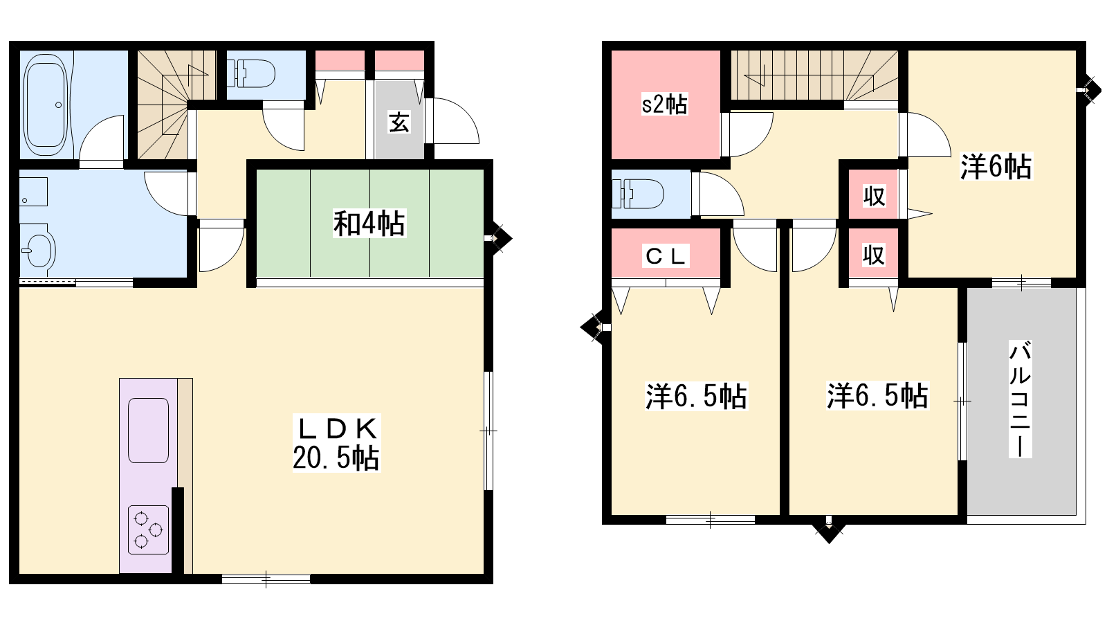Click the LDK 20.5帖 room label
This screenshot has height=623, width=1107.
point(336,444)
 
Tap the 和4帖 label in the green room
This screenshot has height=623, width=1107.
point(369,224)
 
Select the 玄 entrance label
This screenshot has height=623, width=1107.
point(399,123)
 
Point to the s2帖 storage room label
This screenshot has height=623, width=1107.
point(664,105)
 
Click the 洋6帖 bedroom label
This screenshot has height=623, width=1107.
point(996,167)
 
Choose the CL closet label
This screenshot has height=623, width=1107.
point(666,256)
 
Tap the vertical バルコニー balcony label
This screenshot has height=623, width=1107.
point(1020,399)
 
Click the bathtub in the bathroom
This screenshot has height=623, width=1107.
point(46,105)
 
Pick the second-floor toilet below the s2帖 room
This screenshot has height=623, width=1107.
point(637,193)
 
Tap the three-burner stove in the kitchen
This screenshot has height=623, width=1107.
point(148,530)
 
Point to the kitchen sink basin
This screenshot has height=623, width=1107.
point(148,430)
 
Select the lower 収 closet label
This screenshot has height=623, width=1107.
point(874,255)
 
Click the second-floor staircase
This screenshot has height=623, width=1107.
point(814,75)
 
